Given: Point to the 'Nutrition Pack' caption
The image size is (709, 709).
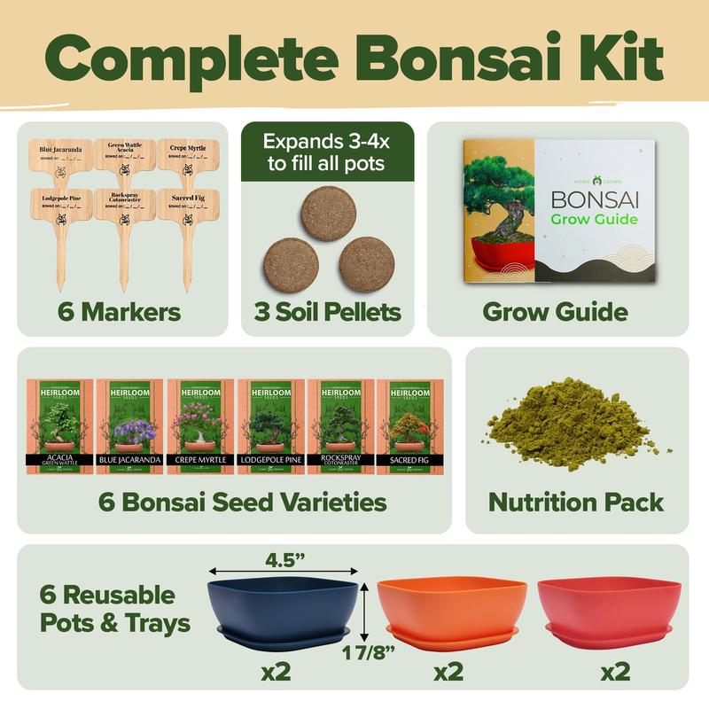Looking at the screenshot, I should [577, 503].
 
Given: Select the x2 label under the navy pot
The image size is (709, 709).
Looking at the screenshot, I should [277, 672].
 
